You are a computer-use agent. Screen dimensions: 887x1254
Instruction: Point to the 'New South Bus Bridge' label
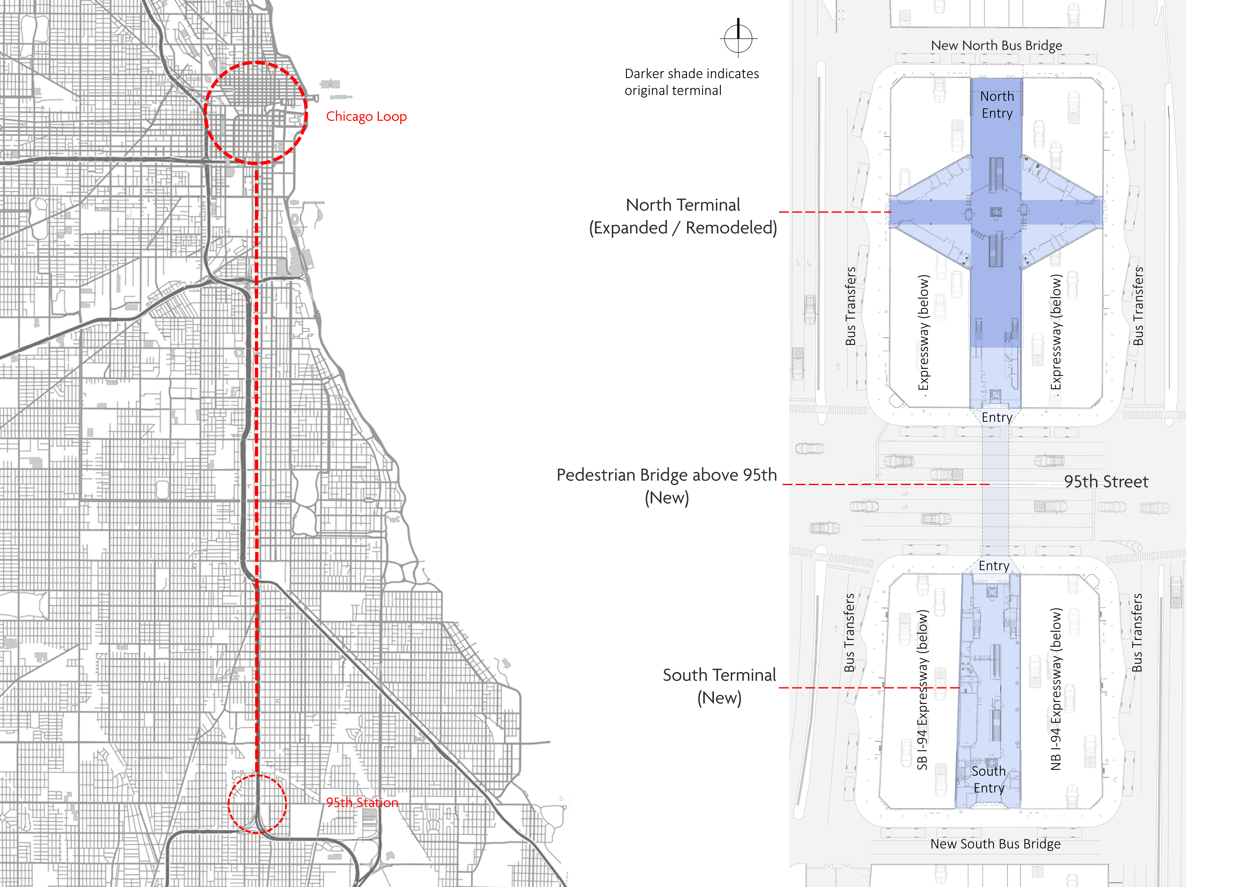[x=995, y=844]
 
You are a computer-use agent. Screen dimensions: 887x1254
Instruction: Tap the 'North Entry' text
[x=997, y=105]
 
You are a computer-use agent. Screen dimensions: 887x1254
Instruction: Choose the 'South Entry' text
[x=988, y=780]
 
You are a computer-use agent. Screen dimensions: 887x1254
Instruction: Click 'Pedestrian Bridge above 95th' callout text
[x=666, y=475]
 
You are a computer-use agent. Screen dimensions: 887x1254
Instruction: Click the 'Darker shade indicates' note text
[x=691, y=74]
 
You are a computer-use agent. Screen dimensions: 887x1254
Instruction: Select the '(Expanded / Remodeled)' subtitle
[x=683, y=228]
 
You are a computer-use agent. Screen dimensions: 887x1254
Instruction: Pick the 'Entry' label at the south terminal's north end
[x=994, y=566]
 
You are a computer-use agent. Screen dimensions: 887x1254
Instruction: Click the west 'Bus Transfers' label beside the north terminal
[x=850, y=306]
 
